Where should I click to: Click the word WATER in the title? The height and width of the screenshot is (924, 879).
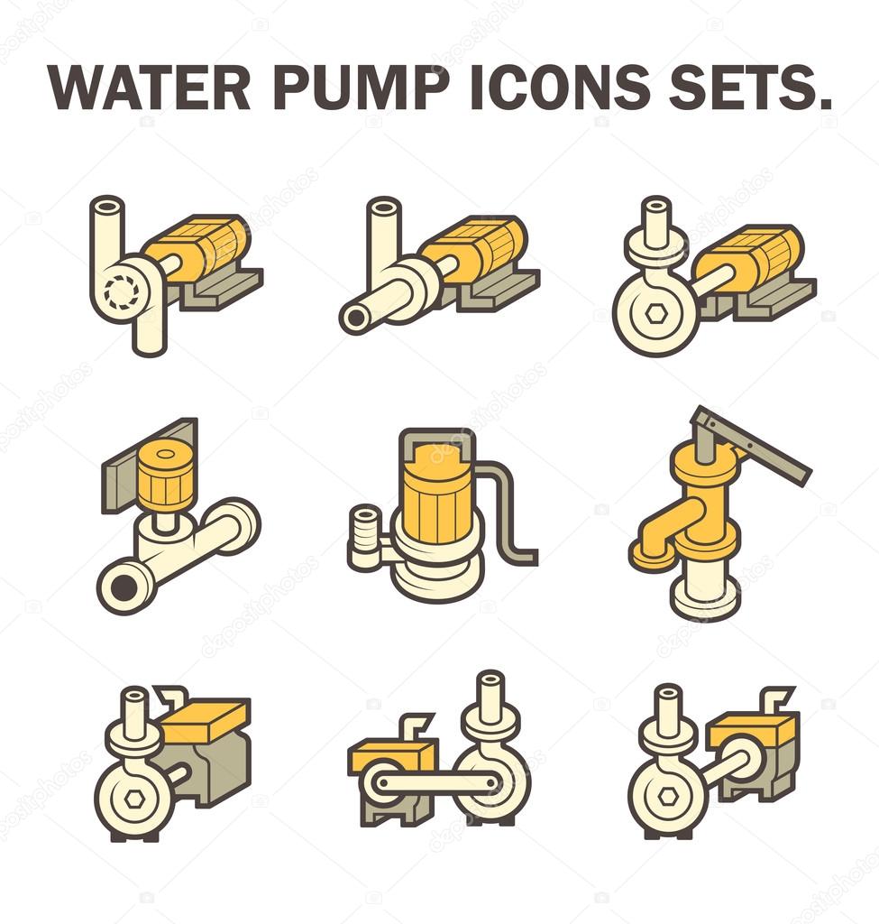point(149,87)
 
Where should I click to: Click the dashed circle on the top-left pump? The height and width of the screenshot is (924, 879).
point(121,290)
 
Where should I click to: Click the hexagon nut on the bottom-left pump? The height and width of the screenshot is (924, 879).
point(133,798)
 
